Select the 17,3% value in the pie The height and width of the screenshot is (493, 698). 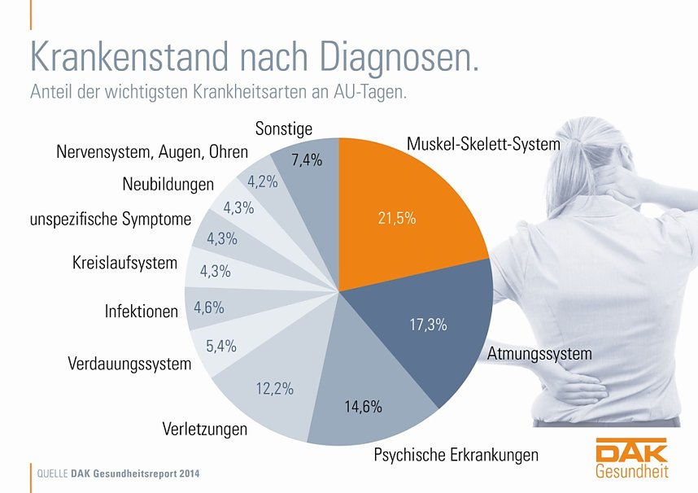pyautogui.click(x=428, y=325)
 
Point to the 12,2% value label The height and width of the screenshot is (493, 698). pyautogui.click(x=274, y=389)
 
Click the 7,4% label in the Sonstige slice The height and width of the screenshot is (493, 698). pyautogui.click(x=307, y=160)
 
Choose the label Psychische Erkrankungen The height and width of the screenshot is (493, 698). pyautogui.click(x=456, y=455)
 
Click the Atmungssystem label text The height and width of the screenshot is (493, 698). pyautogui.click(x=539, y=355)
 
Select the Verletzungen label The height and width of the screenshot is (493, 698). pyautogui.click(x=204, y=429)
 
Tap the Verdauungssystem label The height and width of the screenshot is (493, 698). pyautogui.click(x=129, y=364)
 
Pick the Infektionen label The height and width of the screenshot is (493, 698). pyautogui.click(x=141, y=311)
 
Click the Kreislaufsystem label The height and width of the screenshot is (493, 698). pyautogui.click(x=124, y=263)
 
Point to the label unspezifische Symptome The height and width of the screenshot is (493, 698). pyautogui.click(x=110, y=219)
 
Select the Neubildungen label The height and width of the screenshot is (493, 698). pyautogui.click(x=168, y=184)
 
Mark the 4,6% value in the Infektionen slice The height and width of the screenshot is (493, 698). pyautogui.click(x=209, y=308)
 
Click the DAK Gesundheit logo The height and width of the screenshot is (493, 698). pyautogui.click(x=631, y=458)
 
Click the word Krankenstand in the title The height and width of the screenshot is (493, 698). pyautogui.click(x=130, y=56)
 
